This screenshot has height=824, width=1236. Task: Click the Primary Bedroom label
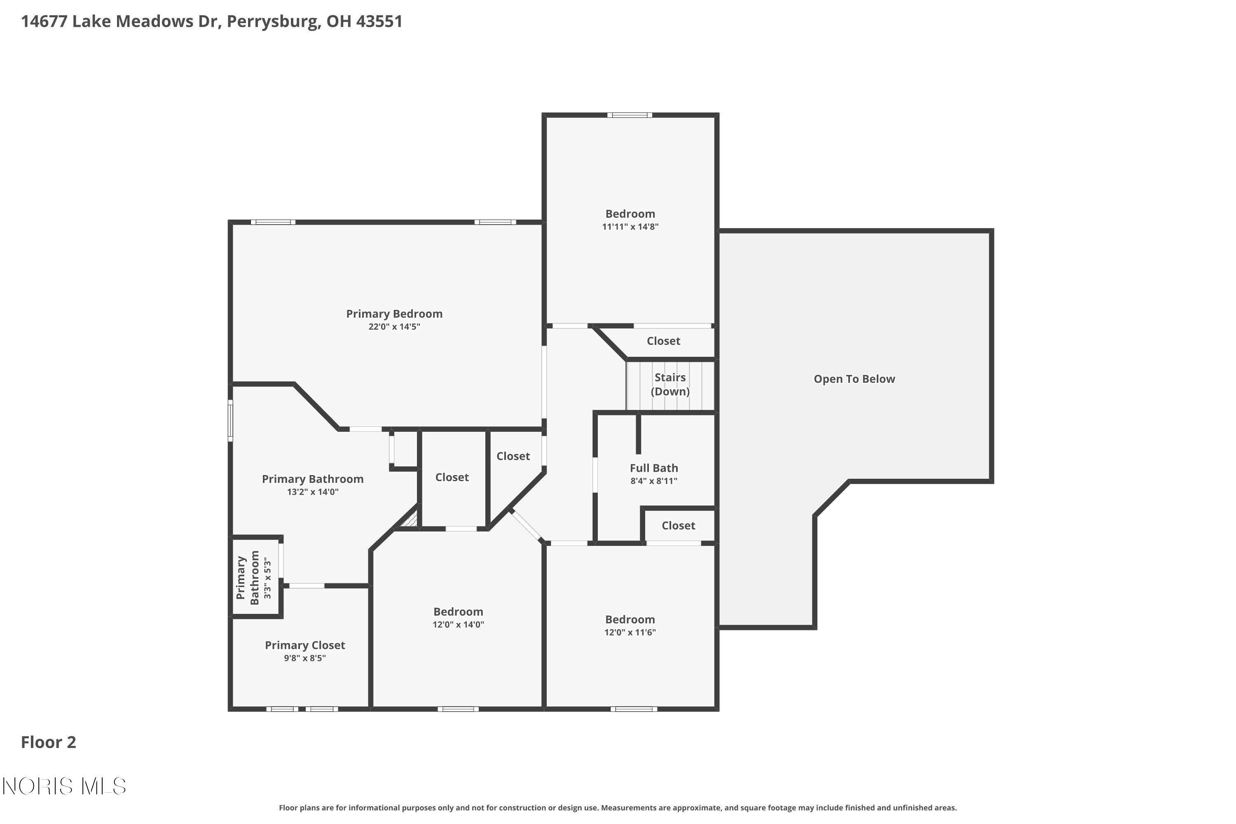[x=394, y=314]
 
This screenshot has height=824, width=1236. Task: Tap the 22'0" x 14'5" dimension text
[x=394, y=327]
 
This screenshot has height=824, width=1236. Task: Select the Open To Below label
[x=854, y=379]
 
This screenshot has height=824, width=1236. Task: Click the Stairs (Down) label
[x=670, y=384]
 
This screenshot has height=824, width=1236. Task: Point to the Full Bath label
[x=654, y=468]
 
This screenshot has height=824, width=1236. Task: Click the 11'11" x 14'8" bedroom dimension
[x=630, y=227]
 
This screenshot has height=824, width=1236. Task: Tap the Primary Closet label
[x=305, y=645]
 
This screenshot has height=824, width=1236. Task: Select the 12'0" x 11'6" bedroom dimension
[x=630, y=632]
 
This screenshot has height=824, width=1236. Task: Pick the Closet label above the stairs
[x=663, y=341]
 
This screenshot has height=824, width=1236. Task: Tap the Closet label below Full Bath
[x=678, y=526]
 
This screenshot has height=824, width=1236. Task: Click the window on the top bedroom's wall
[x=630, y=115]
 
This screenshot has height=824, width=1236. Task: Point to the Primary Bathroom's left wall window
[x=230, y=420]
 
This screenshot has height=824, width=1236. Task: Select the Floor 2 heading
[x=48, y=742]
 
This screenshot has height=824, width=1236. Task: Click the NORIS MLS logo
[x=64, y=787]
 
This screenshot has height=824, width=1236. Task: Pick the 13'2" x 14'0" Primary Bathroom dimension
[x=313, y=492]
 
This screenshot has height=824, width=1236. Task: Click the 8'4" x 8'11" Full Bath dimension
[x=654, y=481]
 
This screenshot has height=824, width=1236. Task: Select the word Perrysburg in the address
[x=272, y=21]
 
